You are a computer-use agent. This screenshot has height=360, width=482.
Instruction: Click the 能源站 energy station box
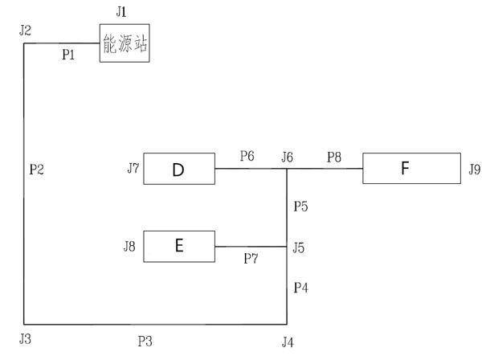tap(126, 43)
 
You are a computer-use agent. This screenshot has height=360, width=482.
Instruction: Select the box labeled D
tap(178, 170)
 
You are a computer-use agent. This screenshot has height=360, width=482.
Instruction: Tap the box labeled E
tap(178, 246)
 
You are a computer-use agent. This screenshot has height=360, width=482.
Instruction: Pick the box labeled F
tap(405, 170)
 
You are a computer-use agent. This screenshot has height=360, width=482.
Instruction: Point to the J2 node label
tap(25, 31)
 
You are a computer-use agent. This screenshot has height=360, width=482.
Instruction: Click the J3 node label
tap(25, 337)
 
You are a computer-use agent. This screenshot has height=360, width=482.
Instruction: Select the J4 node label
tap(288, 342)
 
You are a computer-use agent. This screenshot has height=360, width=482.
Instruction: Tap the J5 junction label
tap(299, 247)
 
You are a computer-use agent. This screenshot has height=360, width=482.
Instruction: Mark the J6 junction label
tap(287, 157)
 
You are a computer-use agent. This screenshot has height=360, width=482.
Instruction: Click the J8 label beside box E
tap(129, 246)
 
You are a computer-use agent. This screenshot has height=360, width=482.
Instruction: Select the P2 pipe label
tap(36, 170)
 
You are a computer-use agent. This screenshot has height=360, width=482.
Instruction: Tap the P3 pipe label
tap(145, 342)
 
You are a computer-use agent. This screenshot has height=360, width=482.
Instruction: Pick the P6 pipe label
tap(246, 156)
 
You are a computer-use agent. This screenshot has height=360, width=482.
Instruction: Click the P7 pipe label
tap(251, 259)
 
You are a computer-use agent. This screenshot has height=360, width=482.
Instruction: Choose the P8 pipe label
tap(334, 156)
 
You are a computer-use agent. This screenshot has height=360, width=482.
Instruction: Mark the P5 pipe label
tap(300, 207)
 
